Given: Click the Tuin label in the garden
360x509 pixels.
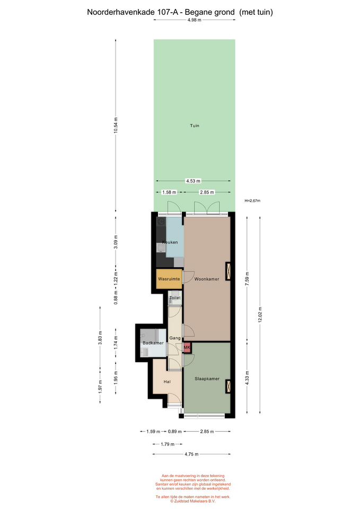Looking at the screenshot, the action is point(195,126).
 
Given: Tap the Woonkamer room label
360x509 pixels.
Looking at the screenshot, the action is point(207,279).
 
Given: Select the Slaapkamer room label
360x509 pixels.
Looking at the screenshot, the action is point(207,379).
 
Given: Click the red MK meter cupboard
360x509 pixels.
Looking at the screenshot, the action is point(187,348).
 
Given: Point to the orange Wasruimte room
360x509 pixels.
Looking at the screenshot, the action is point(169,279).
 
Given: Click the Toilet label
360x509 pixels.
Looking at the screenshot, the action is point(175,297).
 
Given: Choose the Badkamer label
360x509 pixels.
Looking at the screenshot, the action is point(153,343).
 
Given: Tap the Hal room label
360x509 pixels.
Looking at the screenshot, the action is point(167,382).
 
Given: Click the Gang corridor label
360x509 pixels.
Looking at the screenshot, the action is point(175,338).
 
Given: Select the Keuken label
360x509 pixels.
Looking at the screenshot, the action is point(170,242).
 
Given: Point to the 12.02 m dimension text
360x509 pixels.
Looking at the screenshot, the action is point(260,315).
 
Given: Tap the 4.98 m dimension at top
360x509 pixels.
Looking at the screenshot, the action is point(195,20).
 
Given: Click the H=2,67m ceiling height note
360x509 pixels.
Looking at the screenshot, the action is point(252,200).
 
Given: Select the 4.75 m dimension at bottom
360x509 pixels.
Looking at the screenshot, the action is point(191,454).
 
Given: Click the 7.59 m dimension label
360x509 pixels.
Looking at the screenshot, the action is point(247,278).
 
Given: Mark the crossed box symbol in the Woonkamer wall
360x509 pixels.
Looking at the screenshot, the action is point(229,271).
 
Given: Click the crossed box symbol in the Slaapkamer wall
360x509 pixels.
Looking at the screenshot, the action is point(229,387).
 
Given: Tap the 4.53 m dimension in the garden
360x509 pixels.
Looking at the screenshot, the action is point(193,181).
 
